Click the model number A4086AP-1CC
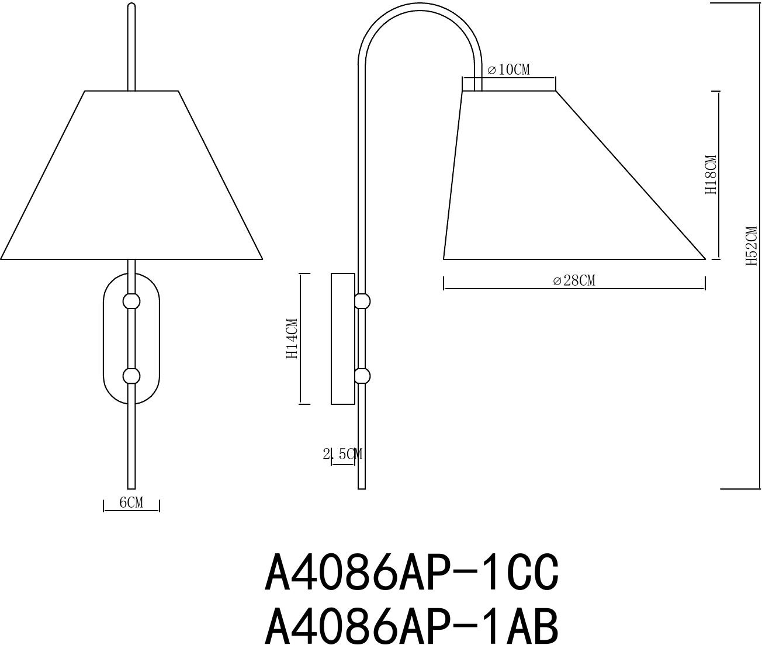pyautogui.click(x=412, y=573)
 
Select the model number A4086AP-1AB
pyautogui.click(x=412, y=626)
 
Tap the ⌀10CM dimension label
pyautogui.click(x=509, y=70)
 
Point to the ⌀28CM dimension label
pyautogui.click(x=574, y=281)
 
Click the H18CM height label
pyautogui.click(x=711, y=175)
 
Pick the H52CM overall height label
pyautogui.click(x=751, y=246)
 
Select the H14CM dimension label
pyautogui.click(x=292, y=338)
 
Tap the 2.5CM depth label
pyautogui.click(x=342, y=454)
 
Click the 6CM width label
pyautogui.click(x=131, y=502)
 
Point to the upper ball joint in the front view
pyautogui.click(x=131, y=301)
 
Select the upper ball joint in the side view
pyautogui.click(x=362, y=301)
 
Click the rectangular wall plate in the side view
pyautogui.click(x=343, y=338)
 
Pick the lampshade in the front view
pyautogui.click(x=131, y=175)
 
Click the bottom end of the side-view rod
pyautogui.click(x=362, y=486)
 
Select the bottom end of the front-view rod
pyautogui.click(x=131, y=486)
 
